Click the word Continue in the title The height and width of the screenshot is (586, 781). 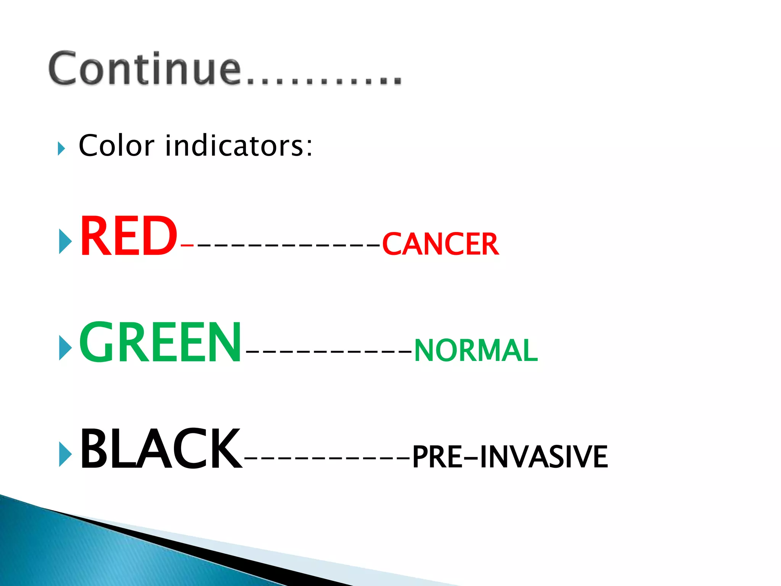(145, 69)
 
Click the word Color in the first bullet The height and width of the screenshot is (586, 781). (116, 146)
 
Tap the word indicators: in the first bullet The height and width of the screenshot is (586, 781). (239, 146)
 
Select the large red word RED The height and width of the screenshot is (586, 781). (128, 237)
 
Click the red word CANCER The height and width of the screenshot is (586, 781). (440, 244)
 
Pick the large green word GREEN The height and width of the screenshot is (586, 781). (160, 342)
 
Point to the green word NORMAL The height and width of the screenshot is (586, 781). (476, 350)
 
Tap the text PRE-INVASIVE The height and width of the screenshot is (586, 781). (510, 457)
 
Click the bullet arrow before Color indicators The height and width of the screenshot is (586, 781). (61, 148)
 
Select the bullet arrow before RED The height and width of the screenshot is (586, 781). (65, 241)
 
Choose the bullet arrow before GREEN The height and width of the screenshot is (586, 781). (65, 348)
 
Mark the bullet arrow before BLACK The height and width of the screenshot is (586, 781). (65, 454)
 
